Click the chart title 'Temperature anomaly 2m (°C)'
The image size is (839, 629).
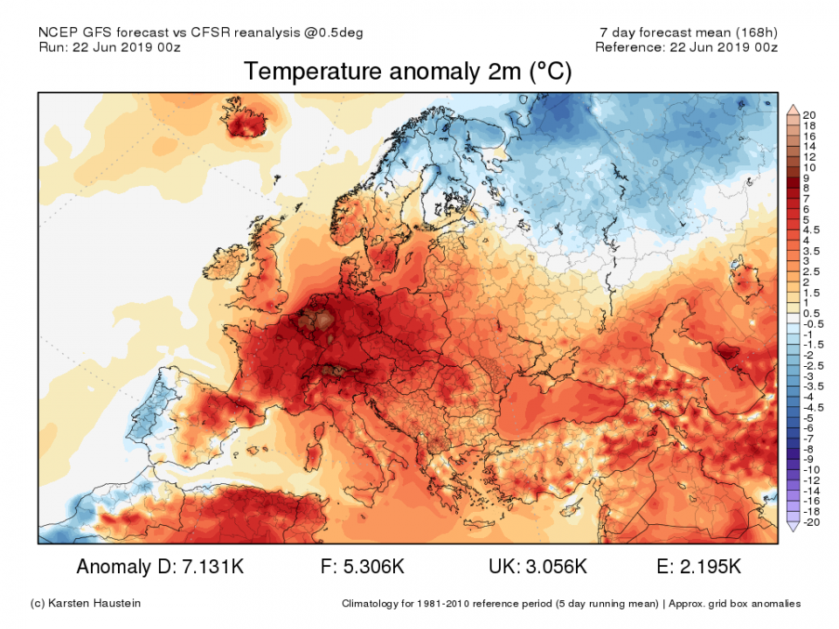(x=407, y=72)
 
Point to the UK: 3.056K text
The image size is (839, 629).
(x=537, y=567)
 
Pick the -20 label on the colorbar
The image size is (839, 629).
(x=811, y=522)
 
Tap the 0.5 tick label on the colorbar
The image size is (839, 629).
(x=810, y=312)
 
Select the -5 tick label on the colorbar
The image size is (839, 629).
(x=809, y=418)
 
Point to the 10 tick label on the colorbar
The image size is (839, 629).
(x=809, y=167)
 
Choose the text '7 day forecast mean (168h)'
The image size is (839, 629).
(x=683, y=33)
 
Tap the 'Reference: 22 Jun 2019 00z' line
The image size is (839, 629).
(x=686, y=47)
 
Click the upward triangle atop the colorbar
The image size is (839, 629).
(x=793, y=108)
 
